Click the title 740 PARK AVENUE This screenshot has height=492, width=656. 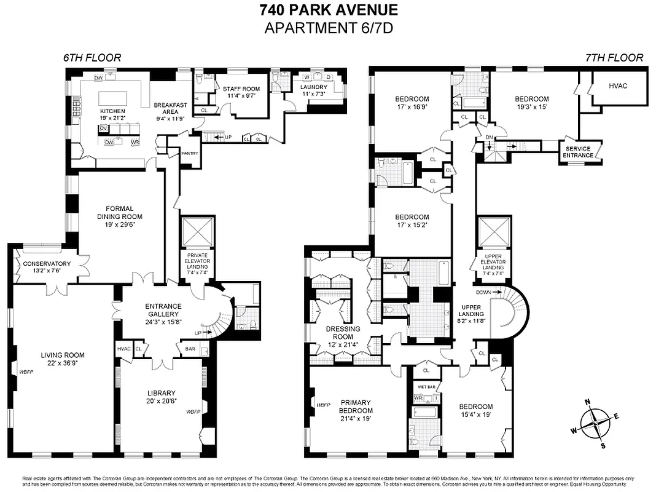point(328,10)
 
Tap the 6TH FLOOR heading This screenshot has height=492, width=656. point(92,58)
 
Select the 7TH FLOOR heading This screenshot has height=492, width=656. point(614,58)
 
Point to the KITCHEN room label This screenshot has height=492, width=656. point(112,111)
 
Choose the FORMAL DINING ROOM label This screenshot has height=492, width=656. point(119,212)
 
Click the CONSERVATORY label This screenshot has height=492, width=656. point(47,264)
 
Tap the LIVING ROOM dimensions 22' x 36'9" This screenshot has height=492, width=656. point(62,363)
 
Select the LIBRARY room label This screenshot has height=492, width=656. point(162,393)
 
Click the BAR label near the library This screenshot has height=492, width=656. point(190,349)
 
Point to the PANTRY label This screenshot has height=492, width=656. point(190,153)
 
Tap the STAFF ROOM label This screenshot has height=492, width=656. point(241,89)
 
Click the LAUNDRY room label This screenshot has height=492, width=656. point(314,87)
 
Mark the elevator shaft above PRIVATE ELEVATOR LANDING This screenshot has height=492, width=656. point(197,232)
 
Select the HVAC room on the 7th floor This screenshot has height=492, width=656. point(618,85)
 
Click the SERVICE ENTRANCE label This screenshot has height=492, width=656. point(578,152)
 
